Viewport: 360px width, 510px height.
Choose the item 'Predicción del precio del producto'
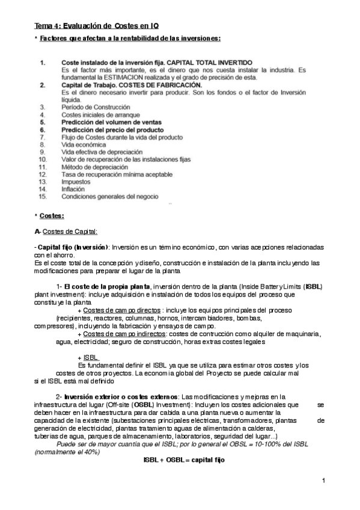point(112,129)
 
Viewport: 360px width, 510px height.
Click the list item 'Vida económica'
point(84,144)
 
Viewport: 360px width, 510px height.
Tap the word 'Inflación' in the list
point(73,188)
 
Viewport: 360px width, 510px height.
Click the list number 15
point(42,196)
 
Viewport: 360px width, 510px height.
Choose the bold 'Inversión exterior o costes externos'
point(120,397)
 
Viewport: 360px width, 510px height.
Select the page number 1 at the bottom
point(323,480)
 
